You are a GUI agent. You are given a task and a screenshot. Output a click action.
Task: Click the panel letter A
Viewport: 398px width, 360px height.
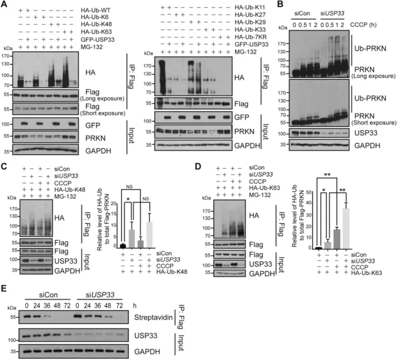click(4, 4)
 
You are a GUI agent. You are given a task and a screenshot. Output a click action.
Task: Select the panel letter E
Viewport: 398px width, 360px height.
click(4, 289)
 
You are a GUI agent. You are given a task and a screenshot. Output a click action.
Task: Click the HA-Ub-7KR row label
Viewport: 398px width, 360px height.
click(251, 37)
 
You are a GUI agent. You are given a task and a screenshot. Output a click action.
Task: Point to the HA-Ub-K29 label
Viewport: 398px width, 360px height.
click(250, 22)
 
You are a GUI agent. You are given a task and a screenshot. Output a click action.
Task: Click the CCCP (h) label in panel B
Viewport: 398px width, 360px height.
click(363, 25)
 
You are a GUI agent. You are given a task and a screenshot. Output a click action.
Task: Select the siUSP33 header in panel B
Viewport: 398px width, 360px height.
click(332, 13)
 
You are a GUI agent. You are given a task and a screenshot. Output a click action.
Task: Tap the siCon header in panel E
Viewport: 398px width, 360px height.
click(48, 295)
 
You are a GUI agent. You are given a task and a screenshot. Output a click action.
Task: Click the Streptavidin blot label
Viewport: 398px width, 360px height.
click(153, 317)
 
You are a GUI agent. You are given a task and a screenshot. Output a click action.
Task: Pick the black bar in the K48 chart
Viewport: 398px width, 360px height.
click(123, 246)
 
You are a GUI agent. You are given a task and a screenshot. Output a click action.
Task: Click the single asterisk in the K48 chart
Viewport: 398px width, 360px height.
click(128, 199)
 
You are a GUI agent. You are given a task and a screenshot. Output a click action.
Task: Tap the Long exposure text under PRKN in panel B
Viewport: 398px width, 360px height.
click(374, 76)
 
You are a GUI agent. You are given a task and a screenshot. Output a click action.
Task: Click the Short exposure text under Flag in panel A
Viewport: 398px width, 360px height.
click(103, 113)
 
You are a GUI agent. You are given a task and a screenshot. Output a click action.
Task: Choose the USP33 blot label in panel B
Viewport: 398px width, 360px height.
click(366, 133)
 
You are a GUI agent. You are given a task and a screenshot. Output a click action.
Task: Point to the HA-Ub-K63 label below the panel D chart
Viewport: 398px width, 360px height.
click(367, 273)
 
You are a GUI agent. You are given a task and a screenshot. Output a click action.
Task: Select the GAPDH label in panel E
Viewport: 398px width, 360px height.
click(147, 352)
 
